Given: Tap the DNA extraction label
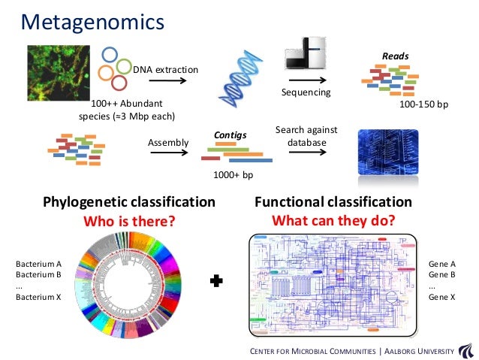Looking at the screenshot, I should [x=166, y=70].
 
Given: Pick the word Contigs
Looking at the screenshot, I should [x=230, y=135].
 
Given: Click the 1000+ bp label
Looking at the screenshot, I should [x=233, y=174].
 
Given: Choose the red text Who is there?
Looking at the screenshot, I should [x=128, y=222].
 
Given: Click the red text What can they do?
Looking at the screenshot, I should [x=333, y=221].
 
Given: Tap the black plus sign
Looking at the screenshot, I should [x=218, y=281].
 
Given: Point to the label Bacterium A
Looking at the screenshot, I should [x=38, y=265].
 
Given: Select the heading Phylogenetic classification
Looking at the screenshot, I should [x=129, y=202].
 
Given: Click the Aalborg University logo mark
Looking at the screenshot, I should [x=465, y=349].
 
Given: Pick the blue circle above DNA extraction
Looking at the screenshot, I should [x=110, y=56].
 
